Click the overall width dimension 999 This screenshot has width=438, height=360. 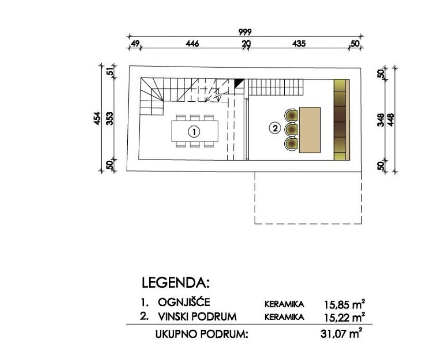[245, 32]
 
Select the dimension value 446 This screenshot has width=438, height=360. [193, 44]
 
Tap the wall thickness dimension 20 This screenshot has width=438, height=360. [246, 44]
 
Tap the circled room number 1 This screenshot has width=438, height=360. [194, 132]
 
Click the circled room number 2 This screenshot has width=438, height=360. [275, 129]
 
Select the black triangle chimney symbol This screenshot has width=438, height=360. [239, 83]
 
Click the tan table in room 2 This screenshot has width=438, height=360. [310, 130]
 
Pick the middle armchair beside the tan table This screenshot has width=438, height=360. [291, 130]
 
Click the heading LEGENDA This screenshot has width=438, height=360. [176, 283]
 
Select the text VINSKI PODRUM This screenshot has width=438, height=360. [197, 316]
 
